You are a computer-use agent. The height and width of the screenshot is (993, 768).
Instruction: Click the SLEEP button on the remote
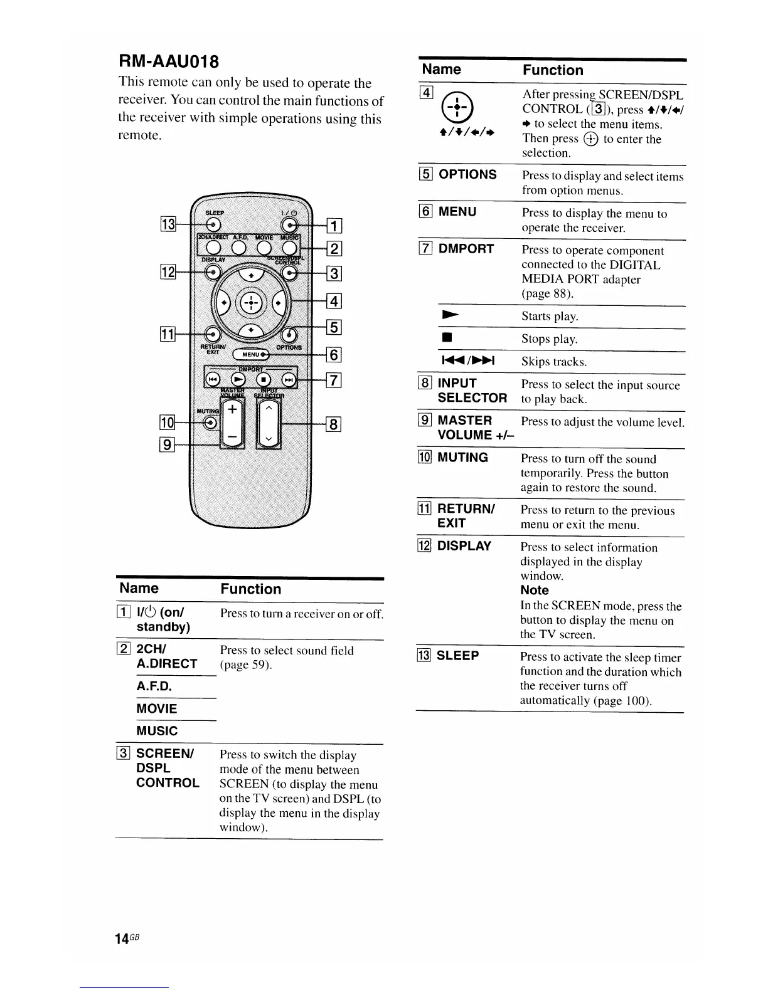coord(214,225)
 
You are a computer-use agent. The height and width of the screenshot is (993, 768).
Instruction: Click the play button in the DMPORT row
coord(238,380)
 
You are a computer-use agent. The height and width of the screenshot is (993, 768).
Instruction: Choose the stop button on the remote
coord(264,380)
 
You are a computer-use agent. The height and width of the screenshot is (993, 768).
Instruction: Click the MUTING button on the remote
coord(210,423)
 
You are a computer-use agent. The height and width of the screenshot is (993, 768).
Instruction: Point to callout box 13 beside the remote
coord(169,223)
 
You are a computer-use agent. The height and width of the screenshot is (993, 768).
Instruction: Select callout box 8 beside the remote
coord(334,424)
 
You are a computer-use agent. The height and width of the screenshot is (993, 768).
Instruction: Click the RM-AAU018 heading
coord(169,61)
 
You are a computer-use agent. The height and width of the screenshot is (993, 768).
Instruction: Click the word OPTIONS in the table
coord(467,174)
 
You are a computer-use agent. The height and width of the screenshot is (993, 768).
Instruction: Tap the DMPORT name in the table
coord(466,249)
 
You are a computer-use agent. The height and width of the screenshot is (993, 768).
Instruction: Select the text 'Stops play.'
coord(549,339)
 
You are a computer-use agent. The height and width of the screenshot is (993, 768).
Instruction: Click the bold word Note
coord(534,591)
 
